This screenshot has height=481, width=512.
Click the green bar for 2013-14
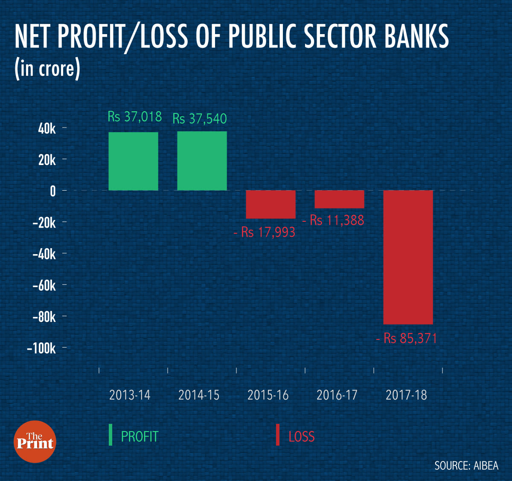click(x=133, y=161)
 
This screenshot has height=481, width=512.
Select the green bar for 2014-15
click(x=202, y=161)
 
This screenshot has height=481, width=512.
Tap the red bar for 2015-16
click(x=271, y=204)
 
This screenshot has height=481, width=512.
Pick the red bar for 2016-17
click(x=339, y=199)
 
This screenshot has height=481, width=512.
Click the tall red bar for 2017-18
click(x=408, y=257)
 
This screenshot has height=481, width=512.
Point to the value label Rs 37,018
click(x=134, y=116)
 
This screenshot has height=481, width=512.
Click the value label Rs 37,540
click(x=199, y=119)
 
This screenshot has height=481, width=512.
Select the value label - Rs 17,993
click(x=264, y=232)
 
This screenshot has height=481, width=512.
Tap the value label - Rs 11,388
click(x=333, y=220)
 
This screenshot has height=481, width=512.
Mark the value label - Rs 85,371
click(x=406, y=338)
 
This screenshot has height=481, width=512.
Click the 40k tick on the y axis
click(x=47, y=128)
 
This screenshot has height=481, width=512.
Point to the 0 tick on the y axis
click(x=52, y=191)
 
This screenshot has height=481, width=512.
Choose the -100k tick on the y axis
click(x=41, y=348)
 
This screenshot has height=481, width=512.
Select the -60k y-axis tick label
click(x=44, y=285)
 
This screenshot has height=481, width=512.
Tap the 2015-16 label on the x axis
click(x=268, y=395)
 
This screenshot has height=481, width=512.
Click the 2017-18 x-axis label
click(x=406, y=395)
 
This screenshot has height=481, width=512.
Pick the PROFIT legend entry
click(x=139, y=436)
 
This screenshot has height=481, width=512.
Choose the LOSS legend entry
click(x=301, y=436)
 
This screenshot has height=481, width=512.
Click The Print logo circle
click(x=35, y=441)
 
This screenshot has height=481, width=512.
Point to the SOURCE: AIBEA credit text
click(x=466, y=465)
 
